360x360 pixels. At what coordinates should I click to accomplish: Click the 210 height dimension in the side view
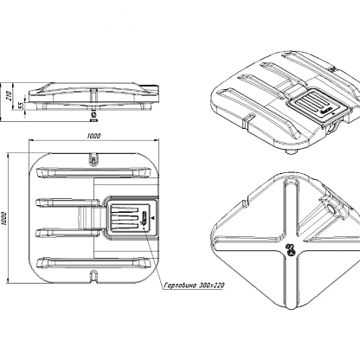tap(9, 96)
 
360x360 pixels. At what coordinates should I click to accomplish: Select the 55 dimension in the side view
tap(21, 106)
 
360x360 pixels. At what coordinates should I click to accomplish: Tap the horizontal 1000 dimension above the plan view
tap(93, 136)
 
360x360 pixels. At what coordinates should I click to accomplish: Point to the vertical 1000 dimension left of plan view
tap(3, 219)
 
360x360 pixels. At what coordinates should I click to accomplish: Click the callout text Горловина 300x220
tap(194, 286)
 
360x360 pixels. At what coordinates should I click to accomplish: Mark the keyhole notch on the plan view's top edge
tap(93, 159)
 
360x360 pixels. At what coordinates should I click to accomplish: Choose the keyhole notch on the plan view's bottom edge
tap(93, 276)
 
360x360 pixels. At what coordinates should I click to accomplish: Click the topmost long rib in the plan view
tap(93, 172)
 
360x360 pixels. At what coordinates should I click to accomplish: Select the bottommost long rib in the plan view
tap(93, 263)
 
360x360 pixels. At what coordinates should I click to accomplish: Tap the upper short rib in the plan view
tap(67, 202)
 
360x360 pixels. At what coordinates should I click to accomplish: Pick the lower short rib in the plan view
tap(67, 233)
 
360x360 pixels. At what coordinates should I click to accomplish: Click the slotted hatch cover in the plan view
tap(130, 218)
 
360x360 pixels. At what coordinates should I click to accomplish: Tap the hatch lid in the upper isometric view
tap(318, 103)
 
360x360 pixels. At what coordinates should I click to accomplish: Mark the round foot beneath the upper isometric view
tap(292, 151)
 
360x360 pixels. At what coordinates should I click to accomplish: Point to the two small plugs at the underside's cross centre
tap(290, 249)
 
